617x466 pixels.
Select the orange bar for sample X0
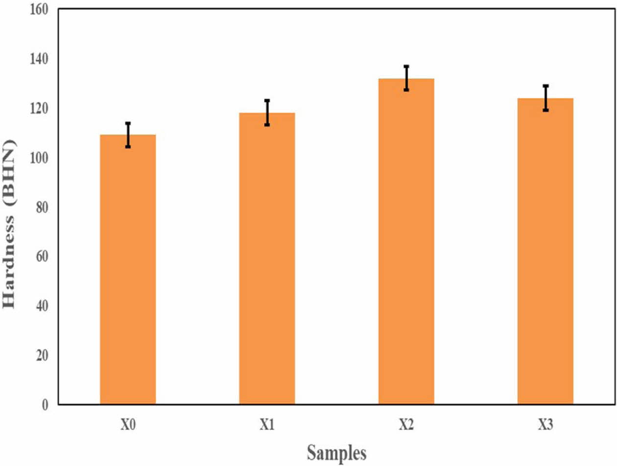(x=128, y=269)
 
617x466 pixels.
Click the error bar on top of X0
(x=128, y=135)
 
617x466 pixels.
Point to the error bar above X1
(x=267, y=112)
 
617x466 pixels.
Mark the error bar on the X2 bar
(x=406, y=78)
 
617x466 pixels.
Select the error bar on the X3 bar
(x=546, y=98)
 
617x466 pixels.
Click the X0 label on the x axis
(x=128, y=424)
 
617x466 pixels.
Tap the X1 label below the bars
(x=267, y=424)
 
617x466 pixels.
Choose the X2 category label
(x=406, y=424)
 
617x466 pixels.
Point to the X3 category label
(x=545, y=424)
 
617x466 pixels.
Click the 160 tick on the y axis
(x=39, y=9)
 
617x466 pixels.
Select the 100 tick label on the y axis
(x=39, y=158)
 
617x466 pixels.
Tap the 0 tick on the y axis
(x=45, y=405)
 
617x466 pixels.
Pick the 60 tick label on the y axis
(x=42, y=257)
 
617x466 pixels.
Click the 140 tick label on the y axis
(x=39, y=59)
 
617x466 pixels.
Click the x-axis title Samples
(x=336, y=453)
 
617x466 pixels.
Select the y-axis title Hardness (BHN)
(x=10, y=224)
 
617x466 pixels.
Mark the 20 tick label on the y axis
(x=42, y=355)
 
